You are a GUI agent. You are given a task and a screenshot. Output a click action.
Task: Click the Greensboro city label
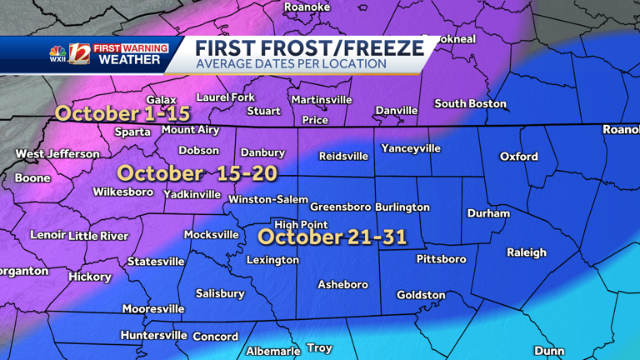click(x=340, y=207)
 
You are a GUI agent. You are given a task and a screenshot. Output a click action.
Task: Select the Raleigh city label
click(x=527, y=252)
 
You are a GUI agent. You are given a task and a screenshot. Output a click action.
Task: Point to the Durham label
click(x=488, y=213)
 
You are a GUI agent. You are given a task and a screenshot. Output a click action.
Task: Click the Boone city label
click(x=32, y=178)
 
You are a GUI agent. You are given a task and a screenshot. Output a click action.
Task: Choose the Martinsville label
click(x=322, y=100)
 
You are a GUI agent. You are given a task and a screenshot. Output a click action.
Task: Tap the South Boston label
click(x=470, y=104)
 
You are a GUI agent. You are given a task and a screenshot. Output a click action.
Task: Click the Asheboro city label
click(x=342, y=285)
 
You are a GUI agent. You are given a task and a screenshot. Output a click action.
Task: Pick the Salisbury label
click(x=220, y=293)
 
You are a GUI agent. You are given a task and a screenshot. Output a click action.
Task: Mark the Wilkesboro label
click(x=123, y=192)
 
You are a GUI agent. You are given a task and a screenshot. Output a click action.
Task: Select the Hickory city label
click(x=90, y=277)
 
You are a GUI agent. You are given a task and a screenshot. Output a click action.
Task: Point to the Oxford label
click(x=518, y=157)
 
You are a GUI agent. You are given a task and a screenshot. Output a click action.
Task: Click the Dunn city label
click(x=548, y=351)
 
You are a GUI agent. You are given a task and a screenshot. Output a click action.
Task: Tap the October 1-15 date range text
click(x=122, y=113)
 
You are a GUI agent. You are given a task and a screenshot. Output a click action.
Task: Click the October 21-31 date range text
click(x=332, y=237)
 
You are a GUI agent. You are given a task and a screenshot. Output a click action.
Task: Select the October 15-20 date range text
click(x=197, y=173)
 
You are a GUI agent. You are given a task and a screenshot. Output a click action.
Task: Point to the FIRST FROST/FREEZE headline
click(x=309, y=48)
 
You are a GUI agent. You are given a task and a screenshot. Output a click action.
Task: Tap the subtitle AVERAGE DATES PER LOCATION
click(x=291, y=65)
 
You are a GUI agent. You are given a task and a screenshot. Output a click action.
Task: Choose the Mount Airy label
click(x=190, y=130)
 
